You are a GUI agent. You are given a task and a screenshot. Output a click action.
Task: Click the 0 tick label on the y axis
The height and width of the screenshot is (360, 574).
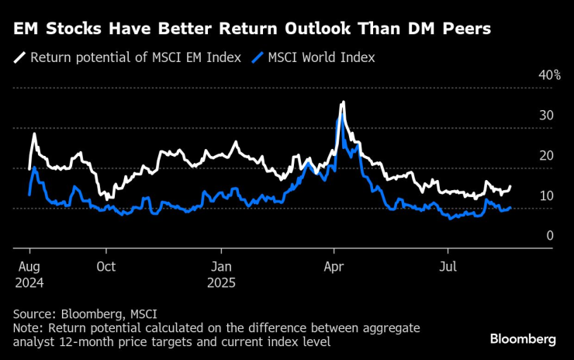[x=549, y=235]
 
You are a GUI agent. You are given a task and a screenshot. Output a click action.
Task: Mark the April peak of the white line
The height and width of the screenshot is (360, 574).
[x=343, y=102]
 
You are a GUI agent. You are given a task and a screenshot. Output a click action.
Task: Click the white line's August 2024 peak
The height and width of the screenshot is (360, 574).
[x=33, y=134]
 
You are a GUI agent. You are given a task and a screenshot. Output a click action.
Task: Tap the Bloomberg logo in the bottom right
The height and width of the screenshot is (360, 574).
[x=522, y=339]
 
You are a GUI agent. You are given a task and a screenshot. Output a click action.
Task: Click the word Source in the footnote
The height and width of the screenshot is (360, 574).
[x=33, y=314]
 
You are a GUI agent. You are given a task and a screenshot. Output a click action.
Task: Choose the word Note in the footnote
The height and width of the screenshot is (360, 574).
[x=27, y=329]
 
